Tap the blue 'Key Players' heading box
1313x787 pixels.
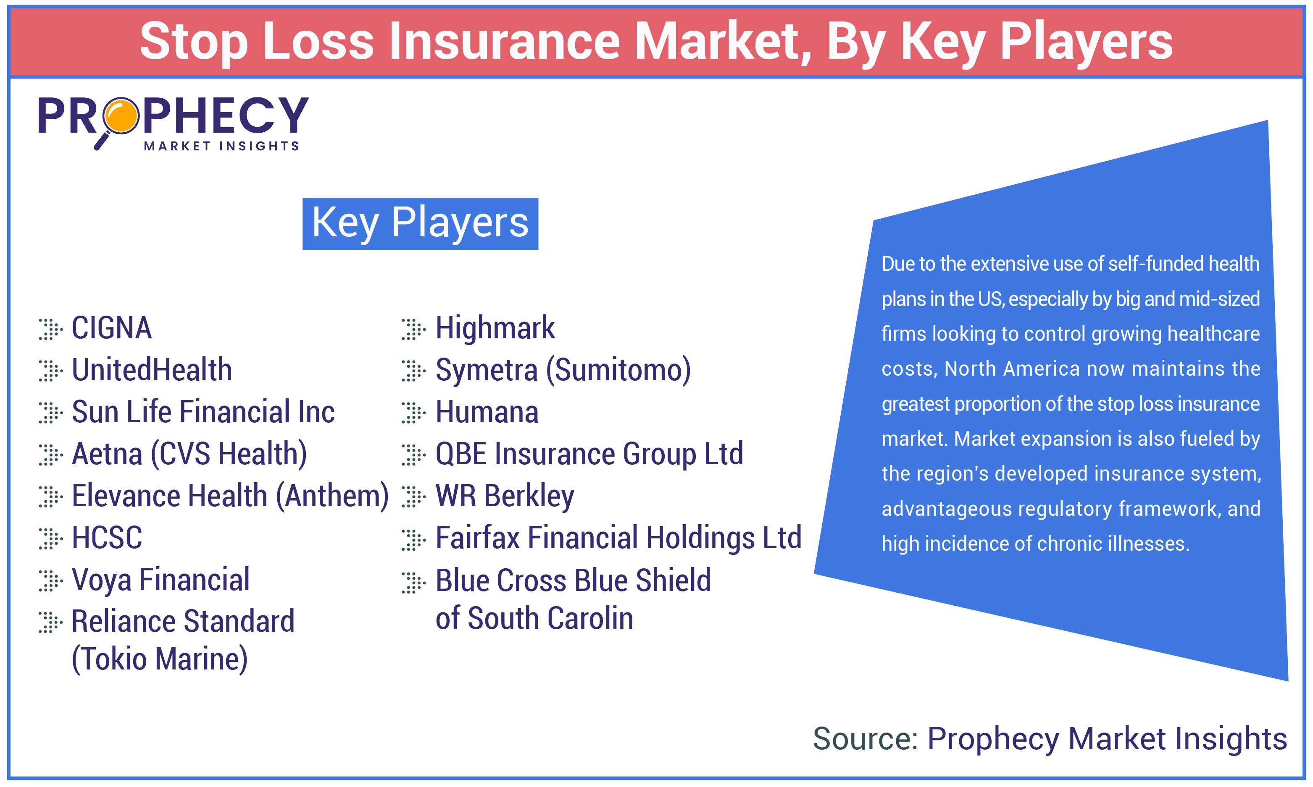420,224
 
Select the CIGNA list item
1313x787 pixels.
111,328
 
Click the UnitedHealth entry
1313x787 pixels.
152,370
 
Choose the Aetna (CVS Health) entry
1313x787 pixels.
189,454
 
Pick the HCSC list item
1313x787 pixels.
107,538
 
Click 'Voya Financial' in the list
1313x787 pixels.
160,580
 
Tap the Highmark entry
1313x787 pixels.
495,328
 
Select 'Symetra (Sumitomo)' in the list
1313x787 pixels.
563,370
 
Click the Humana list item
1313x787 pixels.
487,412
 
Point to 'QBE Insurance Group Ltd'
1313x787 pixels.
589,454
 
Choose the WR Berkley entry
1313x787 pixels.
505,496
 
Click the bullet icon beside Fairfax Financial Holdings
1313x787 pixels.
413,540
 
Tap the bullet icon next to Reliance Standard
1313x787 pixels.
50,622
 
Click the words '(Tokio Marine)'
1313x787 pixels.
159,659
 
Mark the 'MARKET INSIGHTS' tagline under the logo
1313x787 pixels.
221,146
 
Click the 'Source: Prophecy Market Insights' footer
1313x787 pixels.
1049,738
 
